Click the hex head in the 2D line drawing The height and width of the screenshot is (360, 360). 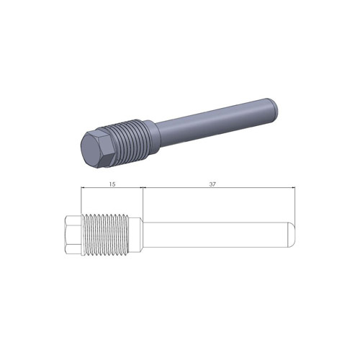[73, 235]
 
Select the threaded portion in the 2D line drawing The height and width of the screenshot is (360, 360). [108, 235]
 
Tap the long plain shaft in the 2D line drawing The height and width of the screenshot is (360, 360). [216, 235]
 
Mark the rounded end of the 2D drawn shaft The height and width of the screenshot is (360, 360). [291, 235]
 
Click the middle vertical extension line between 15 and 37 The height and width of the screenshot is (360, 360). [143, 202]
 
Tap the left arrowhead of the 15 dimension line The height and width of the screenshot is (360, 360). [84, 189]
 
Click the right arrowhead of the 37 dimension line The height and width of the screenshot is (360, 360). [292, 189]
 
